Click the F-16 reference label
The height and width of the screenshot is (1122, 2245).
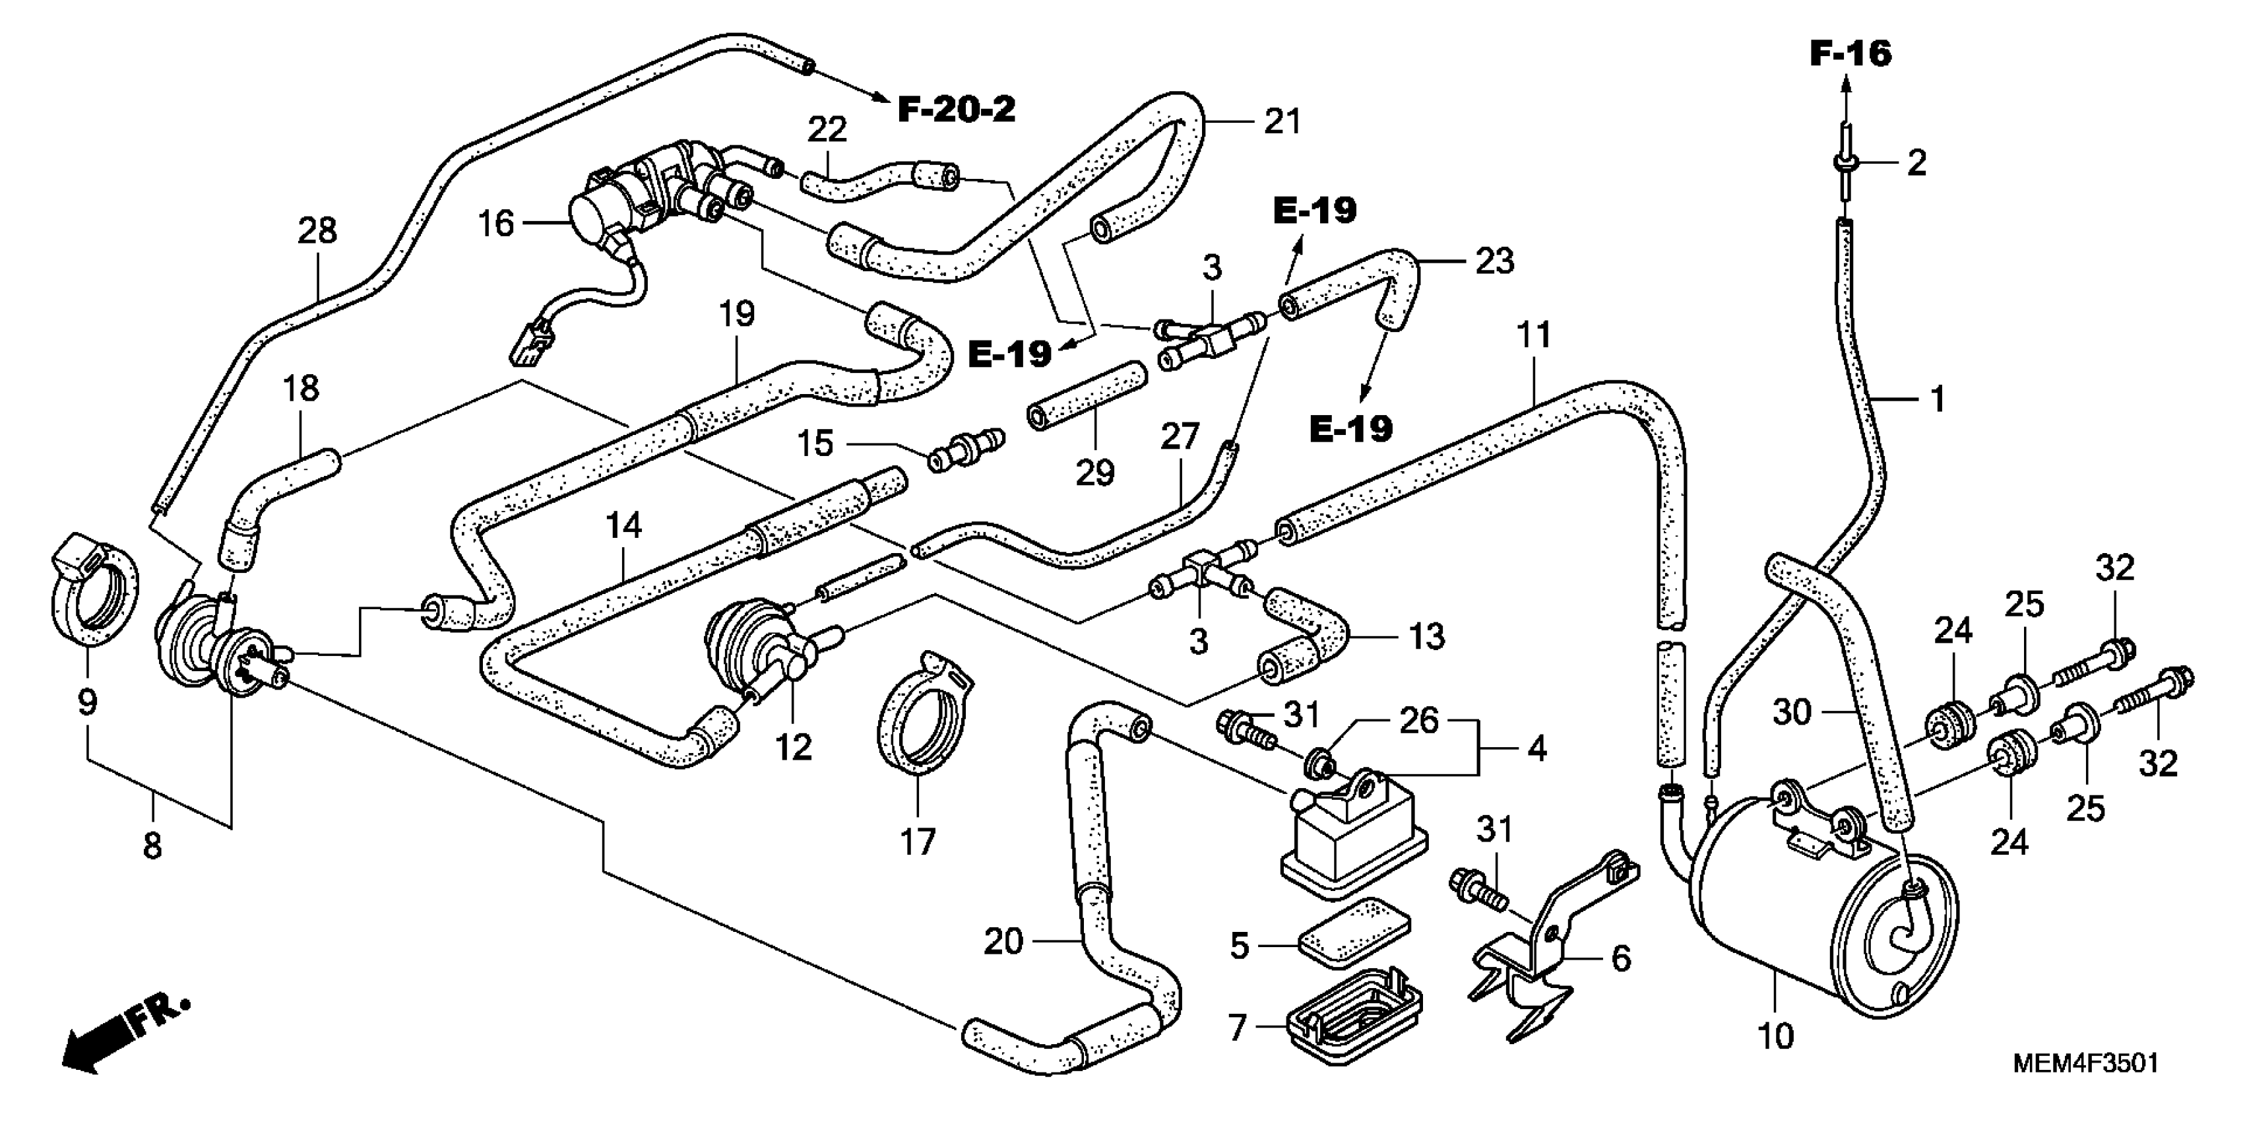[x=1850, y=54]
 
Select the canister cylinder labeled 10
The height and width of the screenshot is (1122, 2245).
[x=1821, y=907]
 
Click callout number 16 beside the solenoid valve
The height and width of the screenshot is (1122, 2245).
[x=496, y=224]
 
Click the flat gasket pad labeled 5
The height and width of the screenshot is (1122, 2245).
[x=1354, y=933]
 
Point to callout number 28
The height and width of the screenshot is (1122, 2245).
[x=317, y=231]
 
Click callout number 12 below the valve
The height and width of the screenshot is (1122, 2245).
[x=794, y=746]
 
